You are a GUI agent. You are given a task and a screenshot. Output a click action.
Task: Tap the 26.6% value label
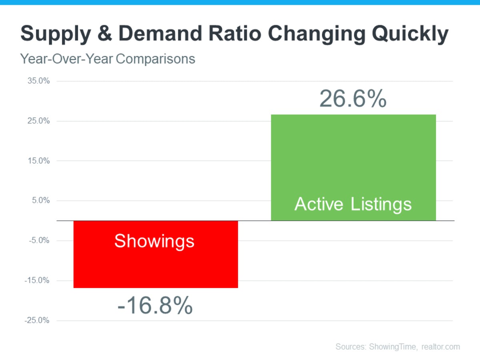pos(353,99)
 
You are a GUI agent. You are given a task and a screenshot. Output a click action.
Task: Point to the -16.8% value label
pos(155,306)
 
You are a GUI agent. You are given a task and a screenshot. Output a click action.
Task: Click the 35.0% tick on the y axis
pos(39,81)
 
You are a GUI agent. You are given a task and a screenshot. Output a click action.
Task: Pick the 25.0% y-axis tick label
pos(39,121)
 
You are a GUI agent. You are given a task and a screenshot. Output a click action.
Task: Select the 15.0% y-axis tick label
pos(39,161)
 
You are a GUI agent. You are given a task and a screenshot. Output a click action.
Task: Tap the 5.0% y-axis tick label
pos(41,200)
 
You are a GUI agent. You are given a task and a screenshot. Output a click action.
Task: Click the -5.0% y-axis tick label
pos(40,240)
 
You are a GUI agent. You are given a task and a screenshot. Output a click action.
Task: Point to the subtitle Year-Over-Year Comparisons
pos(108,59)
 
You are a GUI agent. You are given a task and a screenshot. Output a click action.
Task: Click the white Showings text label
pos(154,241)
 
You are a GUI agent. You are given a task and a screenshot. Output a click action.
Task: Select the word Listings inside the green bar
pos(381,204)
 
